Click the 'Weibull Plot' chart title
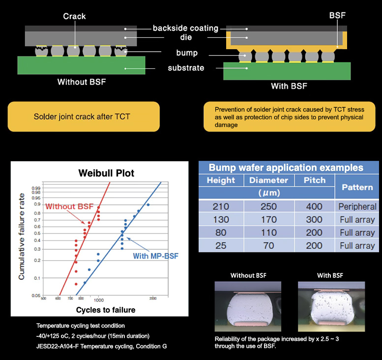[106, 174]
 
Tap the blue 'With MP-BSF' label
[155, 256]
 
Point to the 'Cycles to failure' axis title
[106, 310]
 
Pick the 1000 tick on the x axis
[98, 300]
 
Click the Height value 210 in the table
[221, 207]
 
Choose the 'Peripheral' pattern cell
[357, 207]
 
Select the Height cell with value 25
[221, 245]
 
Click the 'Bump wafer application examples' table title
[286, 167]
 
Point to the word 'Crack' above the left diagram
[75, 17]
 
